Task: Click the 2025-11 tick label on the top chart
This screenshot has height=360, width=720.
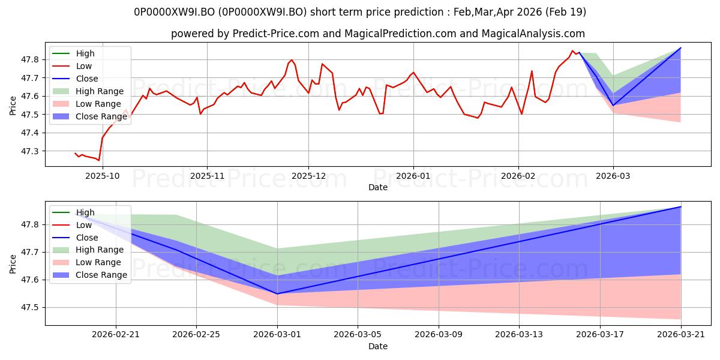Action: pyautogui.click(x=207, y=176)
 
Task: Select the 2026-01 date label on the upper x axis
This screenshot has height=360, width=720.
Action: pyautogui.click(x=413, y=176)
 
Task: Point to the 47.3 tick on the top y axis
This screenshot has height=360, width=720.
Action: pyautogui.click(x=30, y=151)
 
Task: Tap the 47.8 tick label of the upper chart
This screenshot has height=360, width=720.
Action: pyautogui.click(x=30, y=60)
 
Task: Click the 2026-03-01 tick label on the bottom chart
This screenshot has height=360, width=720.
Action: pyautogui.click(x=277, y=335)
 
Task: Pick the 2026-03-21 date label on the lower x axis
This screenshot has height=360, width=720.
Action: pyautogui.click(x=681, y=335)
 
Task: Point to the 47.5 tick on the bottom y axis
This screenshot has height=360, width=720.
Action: pyautogui.click(x=30, y=308)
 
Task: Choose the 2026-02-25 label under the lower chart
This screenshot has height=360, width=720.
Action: pyautogui.click(x=196, y=335)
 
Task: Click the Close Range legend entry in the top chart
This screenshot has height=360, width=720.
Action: pyautogui.click(x=89, y=116)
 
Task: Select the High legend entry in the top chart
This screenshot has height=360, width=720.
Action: pyautogui.click(x=73, y=53)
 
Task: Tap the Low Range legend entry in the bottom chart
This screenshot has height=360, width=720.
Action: pyautogui.click(x=86, y=262)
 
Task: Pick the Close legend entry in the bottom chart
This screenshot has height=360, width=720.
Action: pyautogui.click(x=75, y=238)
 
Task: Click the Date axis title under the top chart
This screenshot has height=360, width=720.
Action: pyautogui.click(x=377, y=187)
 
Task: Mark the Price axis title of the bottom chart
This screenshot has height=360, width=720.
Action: pyautogui.click(x=13, y=264)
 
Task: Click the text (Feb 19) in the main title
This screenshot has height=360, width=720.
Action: pyautogui.click(x=566, y=12)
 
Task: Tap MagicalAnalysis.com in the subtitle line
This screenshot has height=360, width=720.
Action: pyautogui.click(x=533, y=34)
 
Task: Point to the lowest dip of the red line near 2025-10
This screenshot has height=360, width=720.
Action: pyautogui.click(x=98, y=160)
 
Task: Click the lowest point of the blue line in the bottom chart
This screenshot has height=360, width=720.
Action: pyautogui.click(x=277, y=294)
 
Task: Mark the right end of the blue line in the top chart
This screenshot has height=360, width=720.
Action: pyautogui.click(x=681, y=47)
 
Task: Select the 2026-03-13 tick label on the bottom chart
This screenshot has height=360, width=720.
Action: pyautogui.click(x=519, y=335)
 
